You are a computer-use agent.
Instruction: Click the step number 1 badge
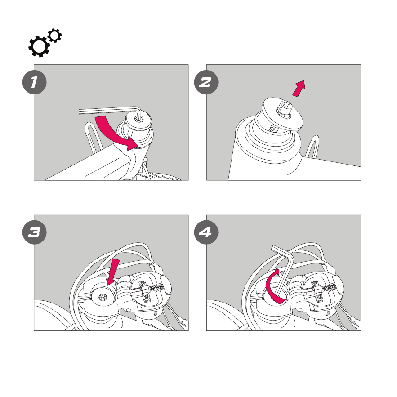[x=35, y=82]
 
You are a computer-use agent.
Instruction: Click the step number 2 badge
[x=206, y=82]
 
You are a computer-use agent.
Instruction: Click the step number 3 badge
[x=35, y=232]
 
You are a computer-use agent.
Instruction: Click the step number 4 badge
[x=206, y=232]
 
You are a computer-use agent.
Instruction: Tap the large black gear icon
[x=39, y=46]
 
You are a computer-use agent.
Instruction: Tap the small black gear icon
[x=54, y=36]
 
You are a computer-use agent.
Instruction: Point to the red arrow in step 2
[x=299, y=88]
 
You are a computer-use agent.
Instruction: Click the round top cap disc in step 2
[x=282, y=114]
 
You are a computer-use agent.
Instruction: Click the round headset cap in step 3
[x=103, y=297]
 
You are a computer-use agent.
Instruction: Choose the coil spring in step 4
[x=329, y=288]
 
